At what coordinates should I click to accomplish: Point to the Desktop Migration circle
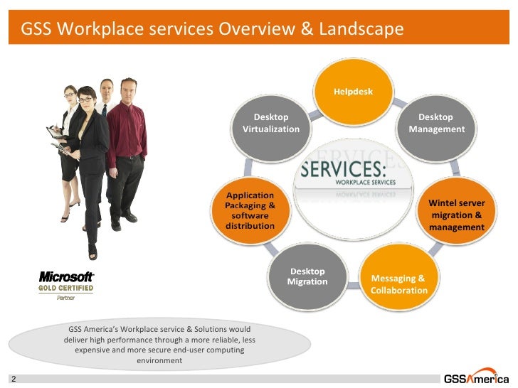307,276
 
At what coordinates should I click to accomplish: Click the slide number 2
13,379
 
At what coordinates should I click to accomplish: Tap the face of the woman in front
86,97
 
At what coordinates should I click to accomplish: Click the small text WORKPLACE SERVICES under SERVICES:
375,182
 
